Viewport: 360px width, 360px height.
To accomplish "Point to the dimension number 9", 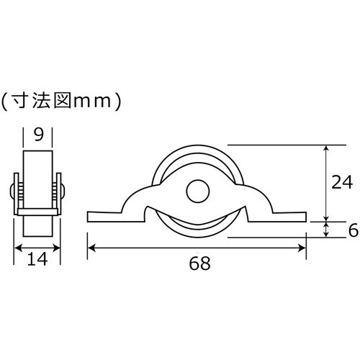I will point(38,135).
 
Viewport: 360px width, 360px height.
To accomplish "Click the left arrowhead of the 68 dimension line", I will point(91,248).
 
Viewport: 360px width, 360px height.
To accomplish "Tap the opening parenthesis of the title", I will point(5,101).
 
